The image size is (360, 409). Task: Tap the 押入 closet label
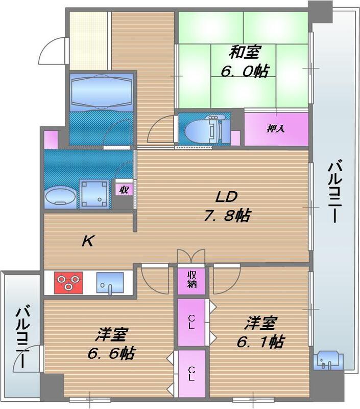click(x=276, y=129)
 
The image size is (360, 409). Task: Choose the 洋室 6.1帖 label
click(x=260, y=332)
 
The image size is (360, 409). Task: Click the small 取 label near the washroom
click(x=124, y=189)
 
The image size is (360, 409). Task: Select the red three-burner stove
click(x=69, y=282)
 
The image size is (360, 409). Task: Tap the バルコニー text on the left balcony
click(x=21, y=337)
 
